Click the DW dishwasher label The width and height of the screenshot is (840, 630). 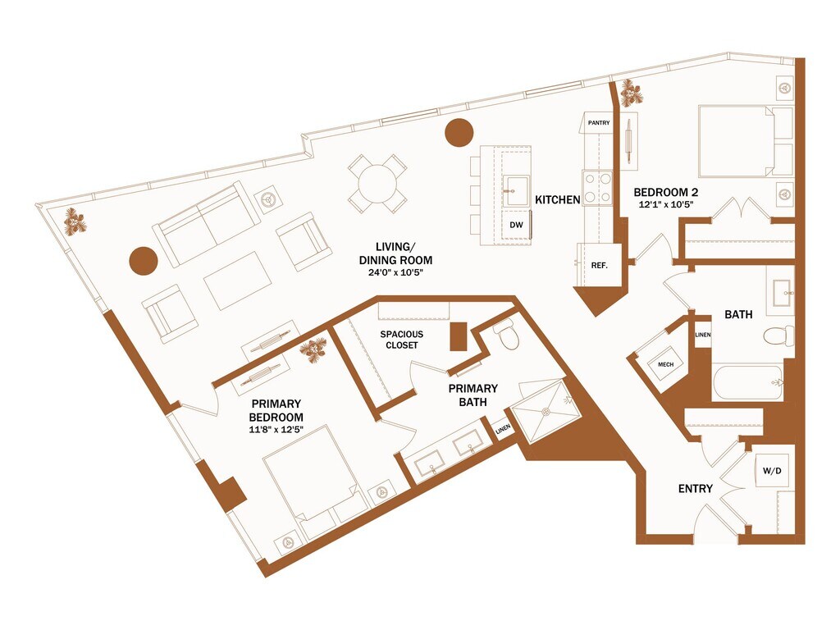[516, 225]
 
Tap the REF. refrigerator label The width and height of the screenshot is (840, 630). [599, 265]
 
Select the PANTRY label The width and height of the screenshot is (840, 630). [598, 123]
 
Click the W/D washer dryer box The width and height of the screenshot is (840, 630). [772, 471]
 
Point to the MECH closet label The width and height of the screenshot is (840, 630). [666, 364]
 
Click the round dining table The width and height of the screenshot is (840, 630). [377, 184]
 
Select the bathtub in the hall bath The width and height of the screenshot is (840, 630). [748, 382]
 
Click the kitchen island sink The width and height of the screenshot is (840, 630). [515, 190]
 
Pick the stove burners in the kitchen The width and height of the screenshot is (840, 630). [597, 188]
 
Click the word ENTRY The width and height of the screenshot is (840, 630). [696, 489]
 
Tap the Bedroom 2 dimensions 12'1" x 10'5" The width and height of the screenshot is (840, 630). [666, 204]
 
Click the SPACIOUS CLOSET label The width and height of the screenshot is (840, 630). [402, 340]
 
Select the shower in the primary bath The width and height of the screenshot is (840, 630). [546, 412]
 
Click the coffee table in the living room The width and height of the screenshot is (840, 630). [238, 281]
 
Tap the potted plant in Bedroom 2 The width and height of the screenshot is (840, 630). [631, 94]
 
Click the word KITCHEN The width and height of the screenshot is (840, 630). [558, 200]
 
